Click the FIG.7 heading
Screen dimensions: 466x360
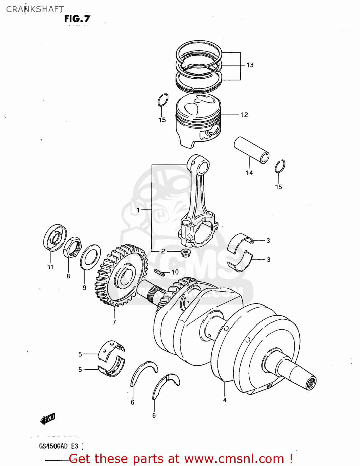(77, 19)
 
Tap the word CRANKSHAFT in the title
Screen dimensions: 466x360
(35, 9)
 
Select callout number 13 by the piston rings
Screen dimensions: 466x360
(250, 65)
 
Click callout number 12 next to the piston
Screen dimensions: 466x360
(244, 115)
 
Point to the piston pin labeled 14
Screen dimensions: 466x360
(252, 150)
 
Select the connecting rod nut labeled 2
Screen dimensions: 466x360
(186, 252)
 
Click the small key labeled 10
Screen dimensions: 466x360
(159, 272)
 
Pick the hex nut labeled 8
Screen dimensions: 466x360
(73, 247)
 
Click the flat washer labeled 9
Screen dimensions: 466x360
(90, 257)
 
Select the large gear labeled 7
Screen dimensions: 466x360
(121, 275)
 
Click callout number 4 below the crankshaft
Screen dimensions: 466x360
(225, 400)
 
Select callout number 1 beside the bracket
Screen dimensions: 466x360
(138, 210)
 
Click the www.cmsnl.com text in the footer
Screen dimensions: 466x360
(234, 459)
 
